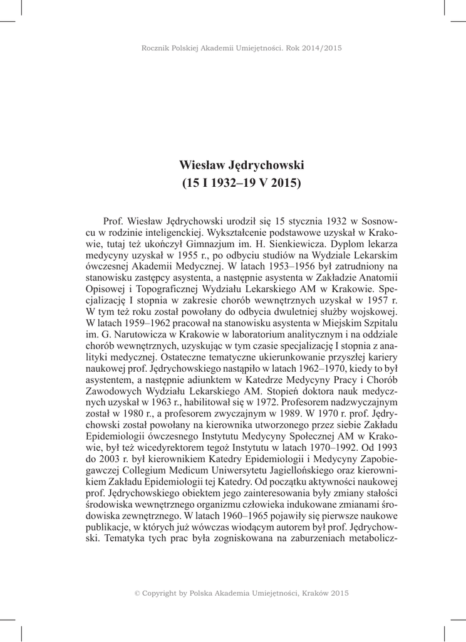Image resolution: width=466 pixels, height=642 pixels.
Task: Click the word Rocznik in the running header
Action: point(157,47)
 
